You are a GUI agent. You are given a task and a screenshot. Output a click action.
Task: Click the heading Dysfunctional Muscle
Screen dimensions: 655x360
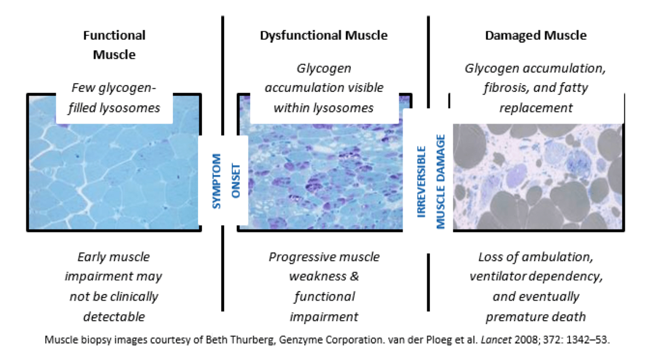(323, 36)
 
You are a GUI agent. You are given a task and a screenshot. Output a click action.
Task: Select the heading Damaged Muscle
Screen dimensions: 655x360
(536, 35)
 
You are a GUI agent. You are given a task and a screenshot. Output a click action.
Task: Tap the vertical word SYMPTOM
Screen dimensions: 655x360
(216, 181)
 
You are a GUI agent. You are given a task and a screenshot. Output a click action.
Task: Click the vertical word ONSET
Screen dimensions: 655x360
(236, 181)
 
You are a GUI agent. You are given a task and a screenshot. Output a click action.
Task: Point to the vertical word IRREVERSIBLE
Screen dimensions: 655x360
(421, 182)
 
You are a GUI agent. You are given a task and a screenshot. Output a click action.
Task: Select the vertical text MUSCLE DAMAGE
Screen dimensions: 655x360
(440, 182)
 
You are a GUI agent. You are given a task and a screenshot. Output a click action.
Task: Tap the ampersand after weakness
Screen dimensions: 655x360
(354, 276)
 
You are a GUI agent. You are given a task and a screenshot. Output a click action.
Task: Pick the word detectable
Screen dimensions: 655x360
(114, 317)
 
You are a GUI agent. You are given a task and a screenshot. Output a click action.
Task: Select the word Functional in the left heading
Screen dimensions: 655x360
(114, 35)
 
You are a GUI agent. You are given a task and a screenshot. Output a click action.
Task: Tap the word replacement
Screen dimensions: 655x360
(536, 108)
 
